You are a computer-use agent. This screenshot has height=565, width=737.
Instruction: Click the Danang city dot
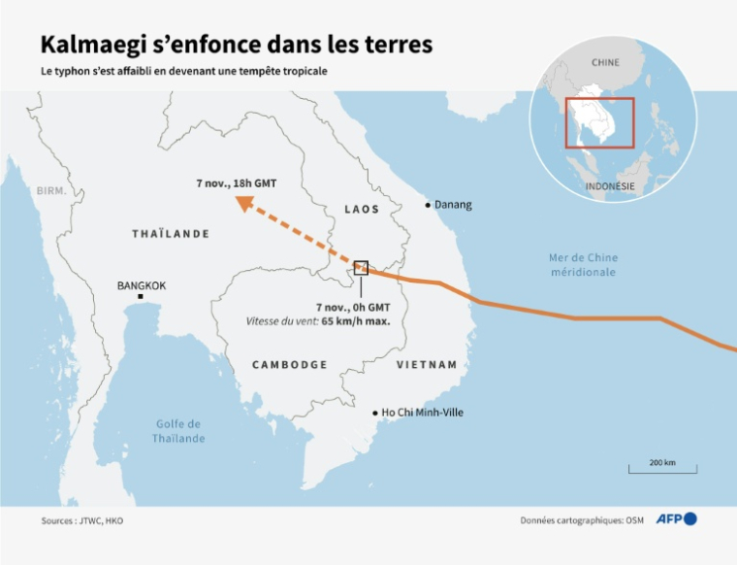(x=428, y=205)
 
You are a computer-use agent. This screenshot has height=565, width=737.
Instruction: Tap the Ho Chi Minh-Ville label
(x=423, y=413)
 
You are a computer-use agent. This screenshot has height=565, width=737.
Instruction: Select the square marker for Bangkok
(x=141, y=296)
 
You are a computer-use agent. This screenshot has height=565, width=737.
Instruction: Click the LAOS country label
(x=361, y=210)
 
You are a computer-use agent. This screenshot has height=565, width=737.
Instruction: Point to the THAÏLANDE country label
(x=171, y=234)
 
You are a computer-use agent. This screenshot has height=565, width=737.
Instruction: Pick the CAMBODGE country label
(x=290, y=364)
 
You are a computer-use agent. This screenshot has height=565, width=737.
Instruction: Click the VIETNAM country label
(x=427, y=364)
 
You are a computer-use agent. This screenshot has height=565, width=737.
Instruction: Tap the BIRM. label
(x=51, y=191)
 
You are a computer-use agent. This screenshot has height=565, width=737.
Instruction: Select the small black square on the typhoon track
(x=361, y=267)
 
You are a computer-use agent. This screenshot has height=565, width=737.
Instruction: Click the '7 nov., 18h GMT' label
(x=233, y=183)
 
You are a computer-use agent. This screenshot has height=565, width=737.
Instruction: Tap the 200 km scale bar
(x=662, y=469)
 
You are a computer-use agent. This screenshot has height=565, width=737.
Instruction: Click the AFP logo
(x=676, y=519)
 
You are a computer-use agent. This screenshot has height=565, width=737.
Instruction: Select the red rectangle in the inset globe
(x=600, y=122)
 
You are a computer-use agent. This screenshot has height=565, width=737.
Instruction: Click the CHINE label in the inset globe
(x=605, y=63)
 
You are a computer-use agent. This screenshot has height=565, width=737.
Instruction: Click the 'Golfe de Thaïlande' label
(x=178, y=431)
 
